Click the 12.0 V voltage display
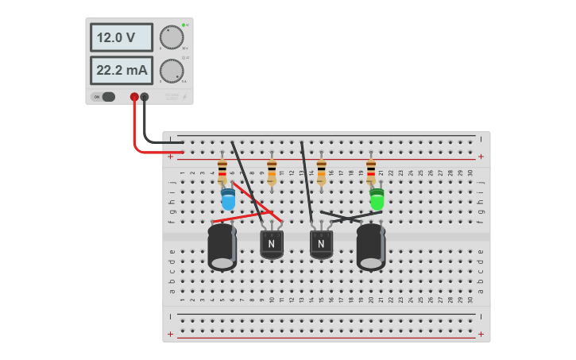click(x=121, y=37)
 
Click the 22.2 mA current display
click(x=121, y=70)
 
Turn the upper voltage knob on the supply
click(x=171, y=37)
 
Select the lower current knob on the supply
click(x=171, y=71)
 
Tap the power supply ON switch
click(x=104, y=97)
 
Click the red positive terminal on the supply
click(x=134, y=97)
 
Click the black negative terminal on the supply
click(x=145, y=97)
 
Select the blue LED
click(x=228, y=199)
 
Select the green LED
click(x=377, y=199)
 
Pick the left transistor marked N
click(x=272, y=243)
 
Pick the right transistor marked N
click(x=321, y=243)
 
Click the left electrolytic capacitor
click(x=222, y=247)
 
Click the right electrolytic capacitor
click(x=371, y=247)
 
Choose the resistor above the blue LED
click(x=222, y=171)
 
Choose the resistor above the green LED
click(x=371, y=171)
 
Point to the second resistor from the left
click(x=272, y=171)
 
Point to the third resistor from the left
click(x=321, y=171)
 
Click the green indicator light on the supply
click(x=184, y=25)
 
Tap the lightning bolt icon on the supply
click(x=184, y=97)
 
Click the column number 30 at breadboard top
click(x=470, y=172)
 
